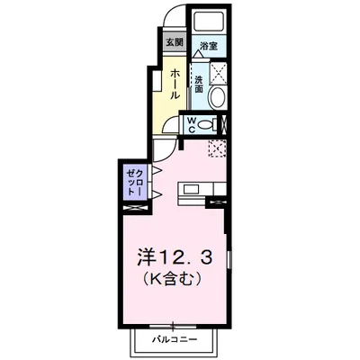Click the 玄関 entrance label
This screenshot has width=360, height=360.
point(174,41)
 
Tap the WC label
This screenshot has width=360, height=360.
point(192,125)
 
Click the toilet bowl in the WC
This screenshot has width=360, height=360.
point(210,125)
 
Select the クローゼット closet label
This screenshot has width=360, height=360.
point(132,182)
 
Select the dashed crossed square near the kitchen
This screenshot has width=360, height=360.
point(216,149)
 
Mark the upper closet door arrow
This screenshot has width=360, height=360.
point(154,171)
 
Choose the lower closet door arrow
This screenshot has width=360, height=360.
point(154,193)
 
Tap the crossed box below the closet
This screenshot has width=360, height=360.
point(132,208)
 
